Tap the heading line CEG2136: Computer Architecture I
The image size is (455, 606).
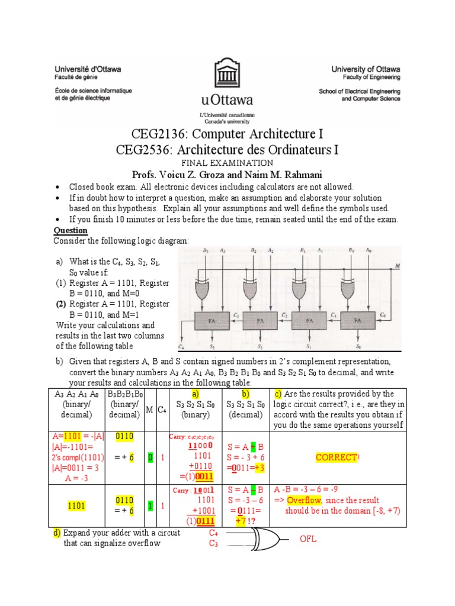[227, 134]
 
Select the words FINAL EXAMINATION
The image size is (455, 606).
[227, 163]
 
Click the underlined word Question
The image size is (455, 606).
[71, 230]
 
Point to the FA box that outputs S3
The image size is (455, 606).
[211, 322]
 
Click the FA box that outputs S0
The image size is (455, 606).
[357, 322]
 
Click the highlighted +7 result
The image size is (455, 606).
[242, 521]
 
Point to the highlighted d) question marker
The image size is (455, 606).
[57, 533]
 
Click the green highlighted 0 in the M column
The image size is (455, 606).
[150, 457]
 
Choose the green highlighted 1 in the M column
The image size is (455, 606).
[150, 505]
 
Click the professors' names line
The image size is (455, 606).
[227, 175]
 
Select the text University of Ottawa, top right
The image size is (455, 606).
[366, 69]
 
